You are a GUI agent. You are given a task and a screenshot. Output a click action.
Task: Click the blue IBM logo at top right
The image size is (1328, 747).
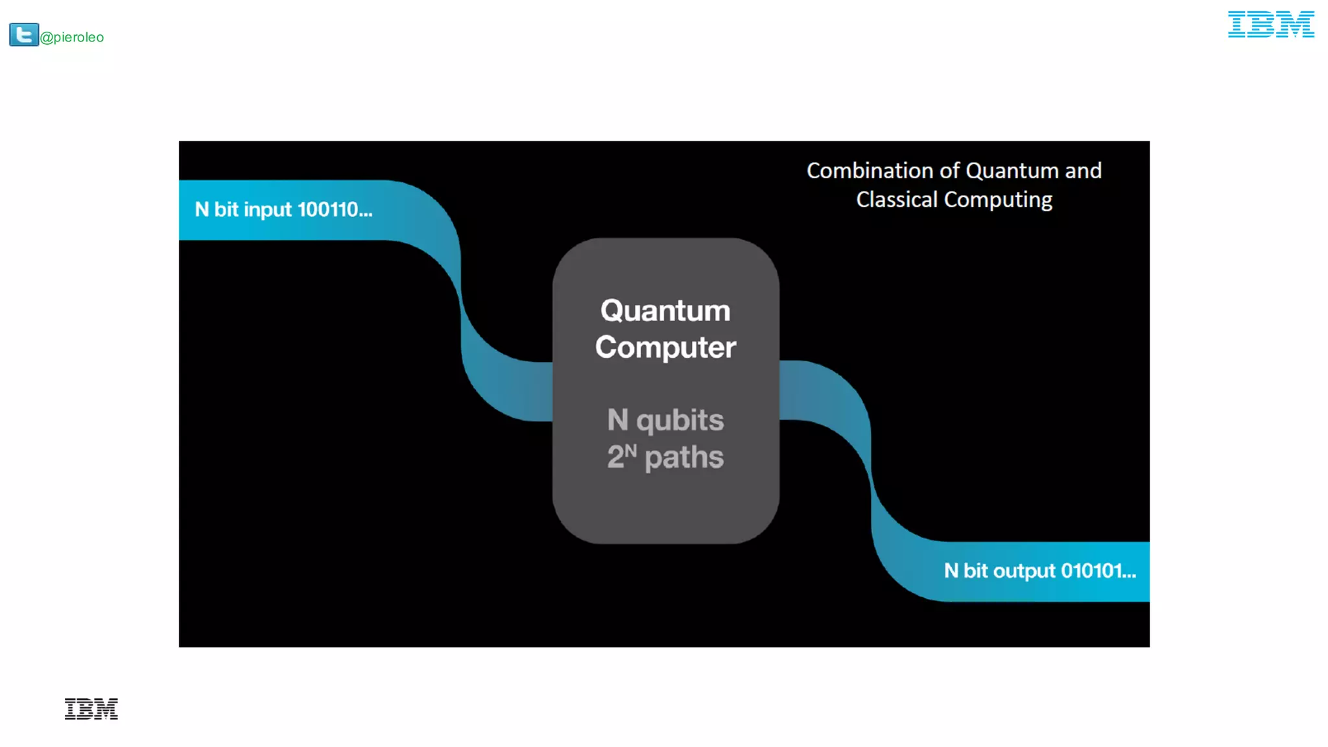[1270, 25]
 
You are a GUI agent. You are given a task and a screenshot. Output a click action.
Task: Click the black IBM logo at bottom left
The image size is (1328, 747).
[91, 709]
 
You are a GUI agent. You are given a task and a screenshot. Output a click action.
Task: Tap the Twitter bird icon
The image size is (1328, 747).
[24, 34]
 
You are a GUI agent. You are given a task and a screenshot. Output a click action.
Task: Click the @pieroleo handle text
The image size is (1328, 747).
[72, 38]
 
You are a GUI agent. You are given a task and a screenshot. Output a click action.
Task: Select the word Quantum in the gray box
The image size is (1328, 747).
[665, 311]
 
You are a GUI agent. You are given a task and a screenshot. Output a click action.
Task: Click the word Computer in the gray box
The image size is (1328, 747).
[665, 348]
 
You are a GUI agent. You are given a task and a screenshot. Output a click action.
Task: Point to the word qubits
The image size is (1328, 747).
[680, 421]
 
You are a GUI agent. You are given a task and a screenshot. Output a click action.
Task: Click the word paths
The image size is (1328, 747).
[684, 458]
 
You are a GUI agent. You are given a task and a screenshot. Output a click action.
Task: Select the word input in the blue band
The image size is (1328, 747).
[268, 210]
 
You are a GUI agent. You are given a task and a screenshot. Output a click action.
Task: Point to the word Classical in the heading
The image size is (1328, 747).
[897, 200]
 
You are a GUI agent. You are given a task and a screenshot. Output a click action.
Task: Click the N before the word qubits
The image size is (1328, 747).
[617, 420]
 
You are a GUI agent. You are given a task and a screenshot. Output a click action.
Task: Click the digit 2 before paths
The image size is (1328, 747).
[615, 457]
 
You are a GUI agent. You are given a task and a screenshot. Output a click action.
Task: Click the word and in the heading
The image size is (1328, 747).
[1083, 171]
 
